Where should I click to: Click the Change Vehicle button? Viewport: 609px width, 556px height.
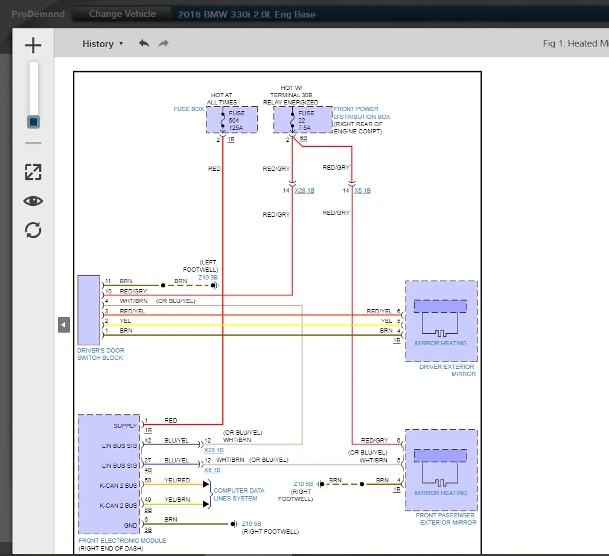[x=122, y=14]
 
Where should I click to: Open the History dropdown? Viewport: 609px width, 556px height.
[x=103, y=43]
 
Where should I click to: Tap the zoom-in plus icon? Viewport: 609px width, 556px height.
[x=33, y=45]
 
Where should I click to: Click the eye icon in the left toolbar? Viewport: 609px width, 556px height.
[x=33, y=201]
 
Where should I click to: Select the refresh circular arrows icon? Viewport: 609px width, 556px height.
[x=33, y=230]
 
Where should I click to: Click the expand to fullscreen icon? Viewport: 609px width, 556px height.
[x=33, y=172]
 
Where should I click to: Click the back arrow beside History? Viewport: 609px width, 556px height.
[x=144, y=43]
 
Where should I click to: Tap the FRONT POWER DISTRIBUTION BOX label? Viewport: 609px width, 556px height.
[x=362, y=113]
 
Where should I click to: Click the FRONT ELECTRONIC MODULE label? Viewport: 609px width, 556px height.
[x=122, y=540]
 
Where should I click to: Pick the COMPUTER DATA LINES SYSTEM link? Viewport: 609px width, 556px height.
[x=239, y=494]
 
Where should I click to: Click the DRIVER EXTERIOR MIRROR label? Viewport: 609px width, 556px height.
[x=447, y=370]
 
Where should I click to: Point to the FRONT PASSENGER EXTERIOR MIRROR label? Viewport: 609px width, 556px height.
[x=446, y=519]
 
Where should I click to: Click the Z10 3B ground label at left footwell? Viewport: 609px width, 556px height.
[x=208, y=277]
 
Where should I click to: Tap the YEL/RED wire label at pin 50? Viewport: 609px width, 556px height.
[x=177, y=481]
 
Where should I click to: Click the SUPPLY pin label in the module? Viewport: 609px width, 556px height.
[x=125, y=426]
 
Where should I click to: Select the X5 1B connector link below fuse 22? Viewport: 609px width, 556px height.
[x=362, y=191]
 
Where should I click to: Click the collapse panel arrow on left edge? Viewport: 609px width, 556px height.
[x=63, y=325]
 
